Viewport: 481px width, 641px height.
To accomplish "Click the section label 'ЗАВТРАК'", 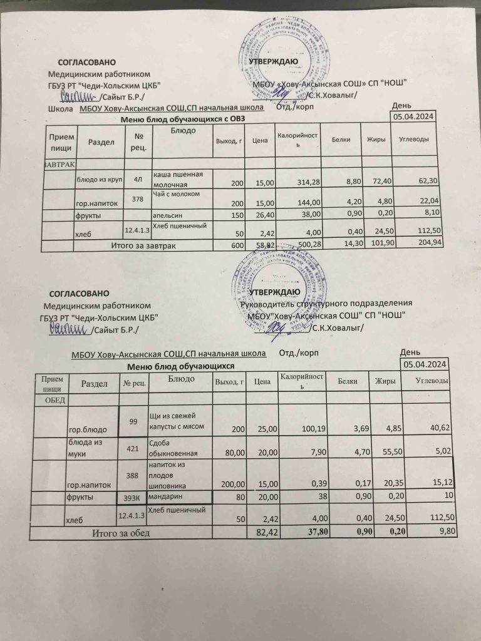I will (60, 163).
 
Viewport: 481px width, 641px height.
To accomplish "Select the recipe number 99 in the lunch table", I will (133, 421).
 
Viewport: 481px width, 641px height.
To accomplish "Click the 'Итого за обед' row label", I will (121, 533).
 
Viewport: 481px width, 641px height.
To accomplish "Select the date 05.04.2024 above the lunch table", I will (424, 364).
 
